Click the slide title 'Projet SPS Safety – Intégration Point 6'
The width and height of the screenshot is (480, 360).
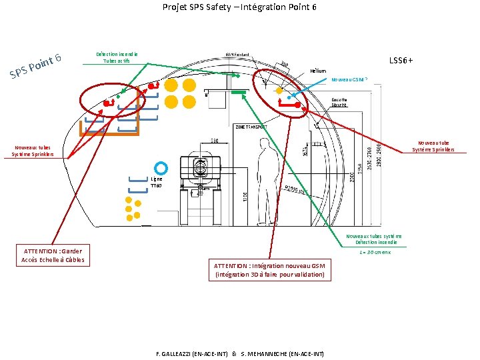click(x=239, y=7)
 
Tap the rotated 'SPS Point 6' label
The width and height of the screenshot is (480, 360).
click(x=36, y=64)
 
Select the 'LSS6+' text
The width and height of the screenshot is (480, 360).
click(x=401, y=61)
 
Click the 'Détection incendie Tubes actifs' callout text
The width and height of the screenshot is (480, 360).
click(x=117, y=57)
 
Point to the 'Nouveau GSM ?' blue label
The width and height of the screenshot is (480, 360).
click(x=349, y=79)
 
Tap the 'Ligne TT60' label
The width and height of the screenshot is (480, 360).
click(x=156, y=182)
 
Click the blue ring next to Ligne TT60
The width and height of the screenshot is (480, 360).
click(x=160, y=168)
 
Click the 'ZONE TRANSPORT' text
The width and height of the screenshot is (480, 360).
click(x=251, y=127)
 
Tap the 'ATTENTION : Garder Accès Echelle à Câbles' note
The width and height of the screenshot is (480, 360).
click(x=53, y=255)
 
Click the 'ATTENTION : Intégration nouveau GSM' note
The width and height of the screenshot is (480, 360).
click(x=269, y=270)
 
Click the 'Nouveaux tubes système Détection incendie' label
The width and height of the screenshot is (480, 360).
click(x=374, y=239)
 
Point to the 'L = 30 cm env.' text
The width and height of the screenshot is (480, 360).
click(x=375, y=252)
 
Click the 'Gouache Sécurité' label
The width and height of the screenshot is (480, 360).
click(x=339, y=103)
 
